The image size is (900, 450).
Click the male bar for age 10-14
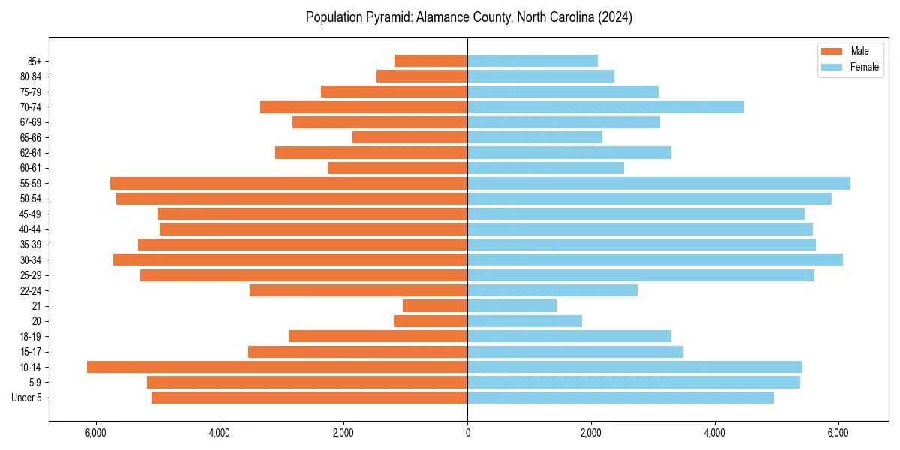[x=277, y=367]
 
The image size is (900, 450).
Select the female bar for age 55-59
[x=658, y=183]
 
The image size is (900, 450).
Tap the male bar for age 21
[x=435, y=305]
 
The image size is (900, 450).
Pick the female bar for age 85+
[x=532, y=61]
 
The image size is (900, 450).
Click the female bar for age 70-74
[x=605, y=106]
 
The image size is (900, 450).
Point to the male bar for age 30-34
[x=290, y=259]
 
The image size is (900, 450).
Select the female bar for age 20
[x=524, y=321]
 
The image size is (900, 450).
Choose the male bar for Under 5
[x=309, y=397]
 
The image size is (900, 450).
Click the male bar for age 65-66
[x=409, y=137]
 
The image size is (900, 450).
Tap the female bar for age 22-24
[x=552, y=290]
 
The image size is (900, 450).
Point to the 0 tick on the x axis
[x=467, y=433]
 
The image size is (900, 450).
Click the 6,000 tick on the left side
[x=96, y=433]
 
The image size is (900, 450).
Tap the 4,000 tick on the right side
[x=715, y=433]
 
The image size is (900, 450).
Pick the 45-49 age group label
[x=30, y=214]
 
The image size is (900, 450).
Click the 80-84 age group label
[x=30, y=76]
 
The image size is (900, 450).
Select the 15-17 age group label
[x=30, y=352]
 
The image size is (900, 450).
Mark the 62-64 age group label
[x=30, y=153]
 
